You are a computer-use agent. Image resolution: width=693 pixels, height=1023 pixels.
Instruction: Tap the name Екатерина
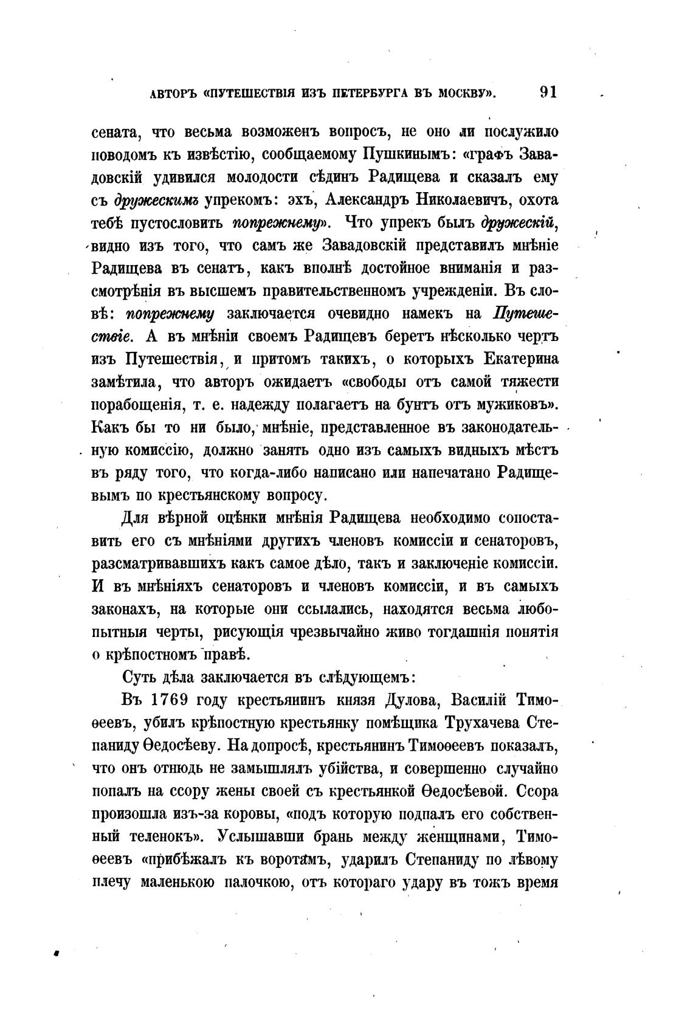520,359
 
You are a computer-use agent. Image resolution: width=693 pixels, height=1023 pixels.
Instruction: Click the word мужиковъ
519,405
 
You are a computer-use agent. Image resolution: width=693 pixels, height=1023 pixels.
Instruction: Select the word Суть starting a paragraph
140,677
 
